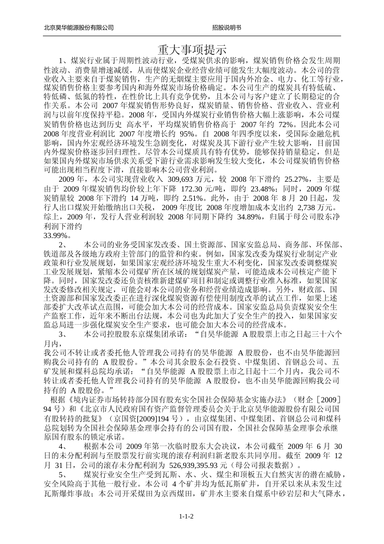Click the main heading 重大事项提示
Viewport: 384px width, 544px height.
[192, 50]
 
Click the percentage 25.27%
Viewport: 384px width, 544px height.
[298, 179]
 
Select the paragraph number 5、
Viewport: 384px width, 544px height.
[63, 474]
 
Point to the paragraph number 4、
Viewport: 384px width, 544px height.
[63, 446]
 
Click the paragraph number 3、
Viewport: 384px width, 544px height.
[63, 334]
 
